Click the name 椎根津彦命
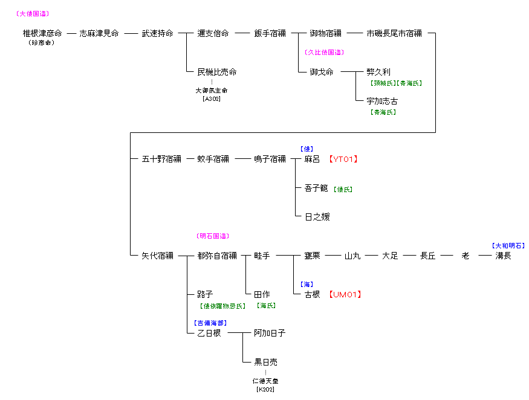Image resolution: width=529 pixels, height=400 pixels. point(42,34)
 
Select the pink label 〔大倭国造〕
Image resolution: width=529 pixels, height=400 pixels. point(33,13)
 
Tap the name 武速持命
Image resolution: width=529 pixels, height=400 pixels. point(157,34)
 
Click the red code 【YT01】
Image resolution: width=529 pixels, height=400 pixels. point(343,160)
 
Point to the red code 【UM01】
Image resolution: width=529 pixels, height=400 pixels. point(345,295)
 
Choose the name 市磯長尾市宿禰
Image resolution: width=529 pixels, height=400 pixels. point(394,34)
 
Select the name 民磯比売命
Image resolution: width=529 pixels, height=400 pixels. point(217,72)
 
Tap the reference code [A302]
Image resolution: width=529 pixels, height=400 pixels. point(212,98)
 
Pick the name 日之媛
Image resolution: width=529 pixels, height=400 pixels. point(317,216)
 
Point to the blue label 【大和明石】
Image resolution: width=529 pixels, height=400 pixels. point(508,246)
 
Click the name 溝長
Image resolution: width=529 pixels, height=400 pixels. point(503,256)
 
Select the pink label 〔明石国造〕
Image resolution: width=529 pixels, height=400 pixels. point(213,236)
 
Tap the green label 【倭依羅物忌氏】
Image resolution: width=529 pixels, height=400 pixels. point(222,306)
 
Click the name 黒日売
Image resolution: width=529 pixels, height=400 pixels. point(266,363)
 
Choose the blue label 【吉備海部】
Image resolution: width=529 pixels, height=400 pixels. point(210,323)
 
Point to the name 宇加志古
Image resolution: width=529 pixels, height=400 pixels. point(382,102)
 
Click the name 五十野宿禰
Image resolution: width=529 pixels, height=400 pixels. point(161,160)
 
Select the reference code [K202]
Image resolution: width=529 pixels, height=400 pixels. point(265,390)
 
